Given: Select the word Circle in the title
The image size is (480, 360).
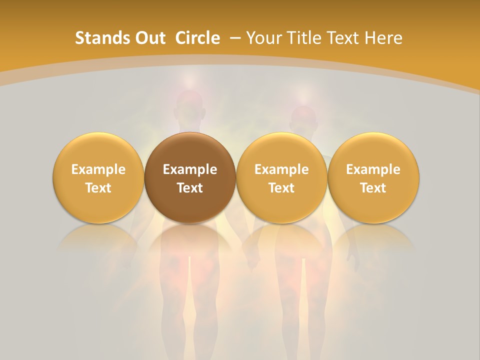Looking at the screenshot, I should pyautogui.click(x=197, y=38).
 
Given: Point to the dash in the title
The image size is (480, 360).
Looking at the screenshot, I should pyautogui.click(x=235, y=38).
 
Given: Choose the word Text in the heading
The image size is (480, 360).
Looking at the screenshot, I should pyautogui.click(x=343, y=38).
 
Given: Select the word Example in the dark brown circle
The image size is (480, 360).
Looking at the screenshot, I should pyautogui.click(x=190, y=169).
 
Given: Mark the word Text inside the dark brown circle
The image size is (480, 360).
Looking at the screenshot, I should pyautogui.click(x=190, y=188).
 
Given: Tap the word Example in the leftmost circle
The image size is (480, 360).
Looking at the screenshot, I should pyautogui.click(x=98, y=169).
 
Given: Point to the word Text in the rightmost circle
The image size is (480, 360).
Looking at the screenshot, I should pyautogui.click(x=373, y=188).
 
